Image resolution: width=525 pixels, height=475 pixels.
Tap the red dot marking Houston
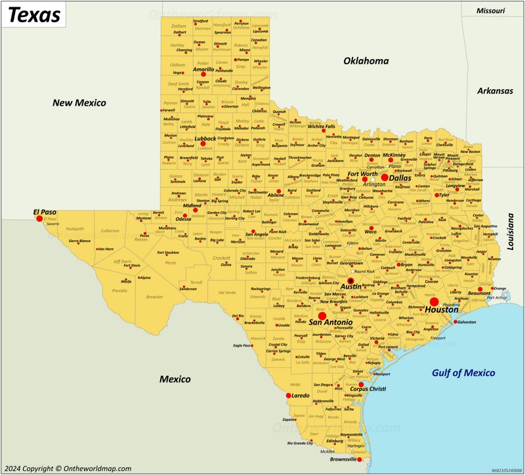click(x=434, y=301)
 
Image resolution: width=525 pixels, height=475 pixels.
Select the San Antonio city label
click(x=331, y=323)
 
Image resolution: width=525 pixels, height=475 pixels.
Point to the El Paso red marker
click(x=39, y=218)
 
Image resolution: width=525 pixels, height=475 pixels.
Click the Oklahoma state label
click(x=366, y=61)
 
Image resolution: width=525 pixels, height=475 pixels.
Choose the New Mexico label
click(x=79, y=103)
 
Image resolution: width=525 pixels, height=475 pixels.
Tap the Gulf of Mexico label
click(x=463, y=373)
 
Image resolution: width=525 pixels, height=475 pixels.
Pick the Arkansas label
click(x=495, y=91)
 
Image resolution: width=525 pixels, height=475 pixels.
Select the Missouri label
click(x=491, y=10)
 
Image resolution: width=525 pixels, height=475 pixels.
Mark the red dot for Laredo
click(x=288, y=396)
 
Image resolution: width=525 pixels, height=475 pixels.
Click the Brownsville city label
click(x=347, y=460)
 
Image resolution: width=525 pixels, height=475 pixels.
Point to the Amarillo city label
click(x=203, y=69)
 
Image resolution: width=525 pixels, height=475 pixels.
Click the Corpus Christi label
click(x=367, y=389)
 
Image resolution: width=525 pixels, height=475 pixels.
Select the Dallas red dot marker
click(x=385, y=178)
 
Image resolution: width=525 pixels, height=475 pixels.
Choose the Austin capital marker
click(x=350, y=281)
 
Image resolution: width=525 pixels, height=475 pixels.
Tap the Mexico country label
click(x=175, y=379)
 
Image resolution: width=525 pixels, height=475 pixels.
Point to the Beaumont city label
click(x=479, y=293)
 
